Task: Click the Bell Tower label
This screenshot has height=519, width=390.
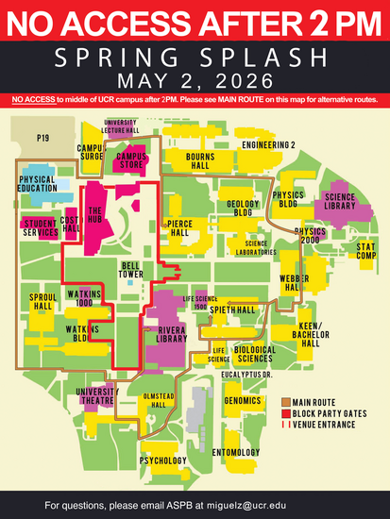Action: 132,270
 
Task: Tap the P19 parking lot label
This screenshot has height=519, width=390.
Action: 42,138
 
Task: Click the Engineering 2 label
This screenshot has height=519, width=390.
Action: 268,144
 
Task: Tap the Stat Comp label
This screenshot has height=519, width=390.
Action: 365,250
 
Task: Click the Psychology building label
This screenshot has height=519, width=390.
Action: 162,460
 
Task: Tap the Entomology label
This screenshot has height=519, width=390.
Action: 235,453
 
